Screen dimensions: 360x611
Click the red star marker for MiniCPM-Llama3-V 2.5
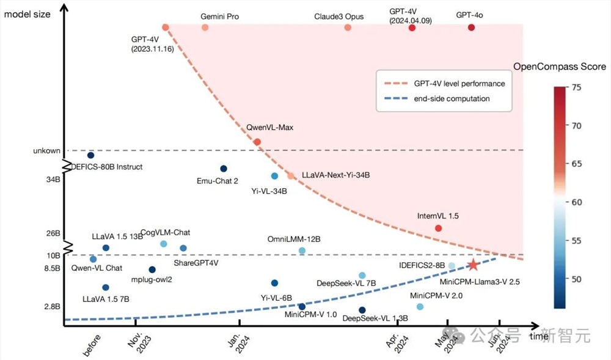[473, 265]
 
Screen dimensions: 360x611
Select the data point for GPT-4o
[471, 28]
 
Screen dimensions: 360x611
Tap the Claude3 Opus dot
[348, 28]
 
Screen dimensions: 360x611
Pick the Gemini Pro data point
[205, 28]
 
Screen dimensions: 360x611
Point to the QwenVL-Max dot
[257, 142]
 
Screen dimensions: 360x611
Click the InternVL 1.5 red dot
[438, 228]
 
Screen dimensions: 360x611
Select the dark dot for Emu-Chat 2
[224, 169]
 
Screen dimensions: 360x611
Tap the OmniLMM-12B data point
[302, 251]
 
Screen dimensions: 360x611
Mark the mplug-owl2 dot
[152, 270]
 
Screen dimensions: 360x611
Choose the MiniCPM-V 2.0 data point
[420, 306]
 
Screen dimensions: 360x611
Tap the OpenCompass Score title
[559, 67]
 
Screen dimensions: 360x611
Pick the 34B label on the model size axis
[52, 181]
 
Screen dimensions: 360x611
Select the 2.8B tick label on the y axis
[51, 307]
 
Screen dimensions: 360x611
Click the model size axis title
[27, 14]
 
